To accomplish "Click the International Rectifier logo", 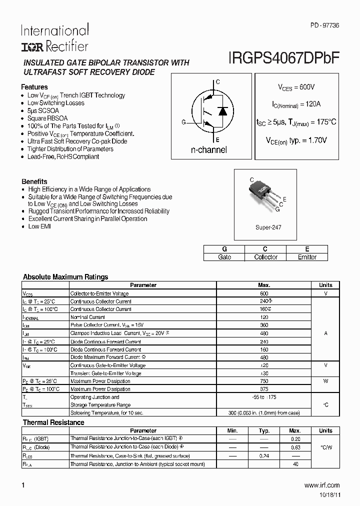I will coord(54,38).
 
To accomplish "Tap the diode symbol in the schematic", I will coord(223,111).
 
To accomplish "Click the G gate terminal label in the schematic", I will coord(183,122).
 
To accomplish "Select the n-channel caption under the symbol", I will coord(208,150).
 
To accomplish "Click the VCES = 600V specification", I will coord(296,87).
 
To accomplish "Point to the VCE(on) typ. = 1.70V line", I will coord(296,140).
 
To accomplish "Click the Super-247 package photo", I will coord(264,192).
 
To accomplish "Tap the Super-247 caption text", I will coord(268,227).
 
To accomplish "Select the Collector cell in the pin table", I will coord(265,257).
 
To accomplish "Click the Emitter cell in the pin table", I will coord(307,257).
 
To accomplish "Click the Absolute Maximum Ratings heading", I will coord(65,277).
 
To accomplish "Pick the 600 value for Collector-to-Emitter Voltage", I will coord(264,293).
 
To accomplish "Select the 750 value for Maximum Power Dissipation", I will coord(264,381).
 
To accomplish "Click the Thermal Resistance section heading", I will coord(53,422).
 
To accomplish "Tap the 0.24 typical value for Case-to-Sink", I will coord(264,456).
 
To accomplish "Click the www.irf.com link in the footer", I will coord(321,485).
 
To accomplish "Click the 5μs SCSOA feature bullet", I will coord(43,110).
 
